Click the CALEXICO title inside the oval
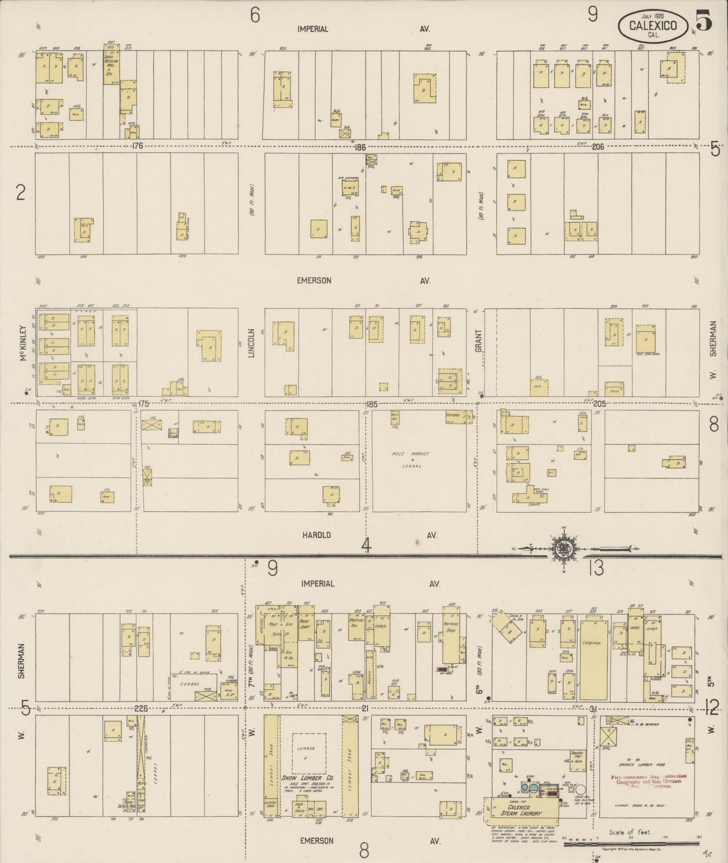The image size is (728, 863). coord(652,25)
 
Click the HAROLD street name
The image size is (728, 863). coord(316,535)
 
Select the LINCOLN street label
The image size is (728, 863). coord(251,343)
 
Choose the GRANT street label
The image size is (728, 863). coord(478,340)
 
